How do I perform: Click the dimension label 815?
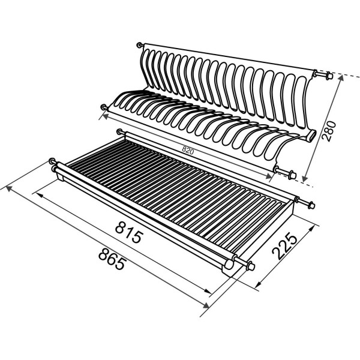pos(129,233)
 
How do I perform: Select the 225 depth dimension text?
pos(284,246)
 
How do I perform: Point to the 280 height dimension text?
pos(329,131)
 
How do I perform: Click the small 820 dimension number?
pos(188,150)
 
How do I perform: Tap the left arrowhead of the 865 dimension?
pos(9,188)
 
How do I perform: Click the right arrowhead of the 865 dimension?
pos(206,305)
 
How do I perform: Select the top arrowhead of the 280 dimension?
pos(341,77)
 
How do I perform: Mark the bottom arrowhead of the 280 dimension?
pos(305,179)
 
